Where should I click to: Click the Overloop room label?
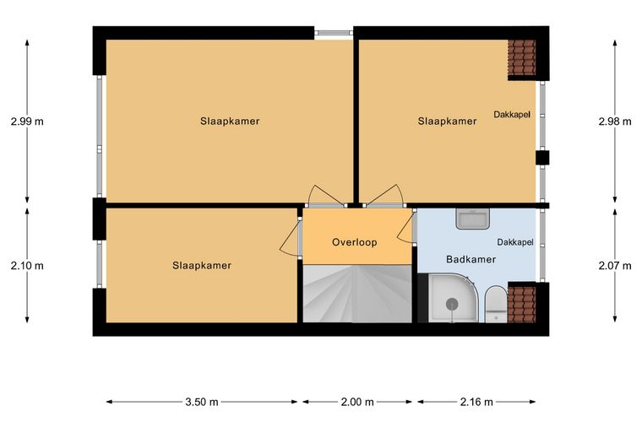[354, 242]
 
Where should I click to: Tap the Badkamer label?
[471, 259]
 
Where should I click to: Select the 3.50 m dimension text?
[201, 402]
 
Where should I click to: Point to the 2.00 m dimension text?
[357, 402]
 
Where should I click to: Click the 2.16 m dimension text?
[476, 402]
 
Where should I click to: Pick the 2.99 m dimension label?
[27, 122]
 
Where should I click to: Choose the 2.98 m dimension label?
[615, 122]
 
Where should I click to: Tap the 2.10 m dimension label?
[27, 266]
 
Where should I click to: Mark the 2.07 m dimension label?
[615, 266]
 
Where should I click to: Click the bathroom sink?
[472, 219]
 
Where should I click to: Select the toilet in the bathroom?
[496, 304]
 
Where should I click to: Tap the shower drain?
[452, 303]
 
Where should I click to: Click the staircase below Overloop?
[357, 293]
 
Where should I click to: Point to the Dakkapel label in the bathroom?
[515, 242]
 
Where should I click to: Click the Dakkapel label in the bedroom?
[512, 115]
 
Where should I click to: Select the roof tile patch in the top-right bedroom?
[522, 57]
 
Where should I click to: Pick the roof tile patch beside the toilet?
[522, 305]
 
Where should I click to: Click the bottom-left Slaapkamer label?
[202, 266]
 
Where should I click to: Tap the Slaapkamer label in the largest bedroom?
[230, 122]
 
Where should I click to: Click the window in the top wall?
[334, 33]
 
